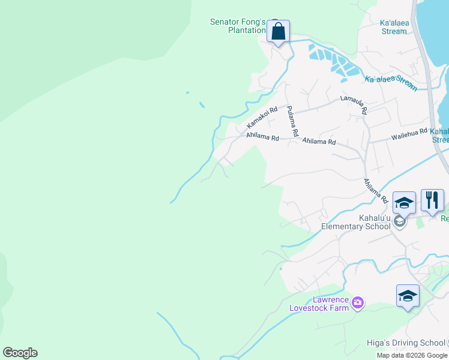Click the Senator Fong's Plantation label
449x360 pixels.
pyautogui.click(x=238, y=26)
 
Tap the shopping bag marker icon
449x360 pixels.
pyautogui.click(x=278, y=31)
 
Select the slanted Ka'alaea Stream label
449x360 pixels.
pyautogui.click(x=391, y=83)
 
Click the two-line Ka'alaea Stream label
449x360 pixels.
pyautogui.click(x=394, y=27)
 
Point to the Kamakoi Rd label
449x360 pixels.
pyautogui.click(x=262, y=118)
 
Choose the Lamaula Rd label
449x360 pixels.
pyautogui.click(x=353, y=104)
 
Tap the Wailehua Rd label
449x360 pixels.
pyautogui.click(x=409, y=133)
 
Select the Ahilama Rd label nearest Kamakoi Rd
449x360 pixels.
pyautogui.click(x=262, y=137)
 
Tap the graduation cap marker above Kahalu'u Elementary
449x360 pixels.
pyautogui.click(x=404, y=203)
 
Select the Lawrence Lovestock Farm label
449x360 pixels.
pyautogui.click(x=319, y=304)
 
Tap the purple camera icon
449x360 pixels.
pyautogui.click(x=358, y=302)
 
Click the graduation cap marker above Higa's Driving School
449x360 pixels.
pyautogui.click(x=408, y=296)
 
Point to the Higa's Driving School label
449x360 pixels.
pyautogui.click(x=406, y=343)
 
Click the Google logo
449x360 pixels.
pyautogui.click(x=20, y=353)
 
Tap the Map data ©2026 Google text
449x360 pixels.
pyautogui.click(x=412, y=355)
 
